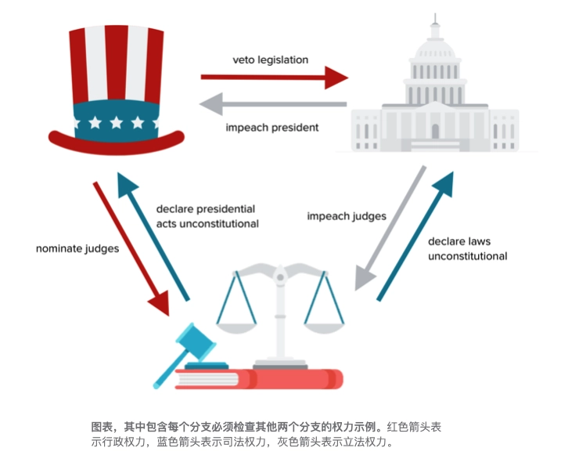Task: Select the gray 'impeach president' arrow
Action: [274, 103]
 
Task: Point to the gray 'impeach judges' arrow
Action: [390, 227]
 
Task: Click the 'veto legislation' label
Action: [270, 60]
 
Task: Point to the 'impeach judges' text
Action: [346, 216]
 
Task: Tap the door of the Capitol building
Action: [436, 132]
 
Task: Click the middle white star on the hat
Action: [117, 123]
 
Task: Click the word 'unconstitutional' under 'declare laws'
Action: [467, 256]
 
